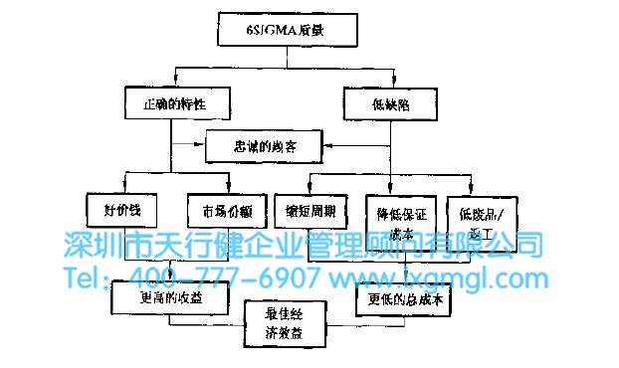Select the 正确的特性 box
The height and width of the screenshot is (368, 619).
tap(179, 101)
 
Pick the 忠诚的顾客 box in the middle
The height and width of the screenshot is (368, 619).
tap(264, 147)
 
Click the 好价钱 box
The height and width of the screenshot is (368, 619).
tap(121, 212)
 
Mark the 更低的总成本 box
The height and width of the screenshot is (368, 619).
tap(405, 295)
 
